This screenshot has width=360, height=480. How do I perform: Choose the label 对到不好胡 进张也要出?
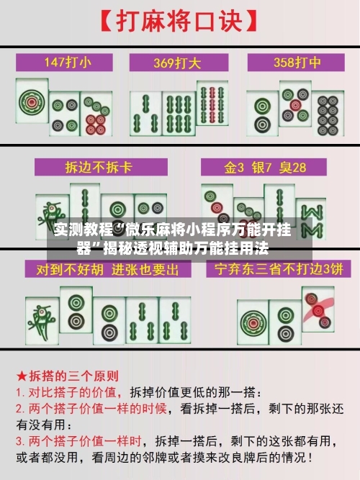tap(101, 270)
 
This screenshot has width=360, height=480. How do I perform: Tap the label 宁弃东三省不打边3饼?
tap(274, 270)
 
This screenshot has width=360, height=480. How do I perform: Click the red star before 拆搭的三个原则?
tap(22, 376)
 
